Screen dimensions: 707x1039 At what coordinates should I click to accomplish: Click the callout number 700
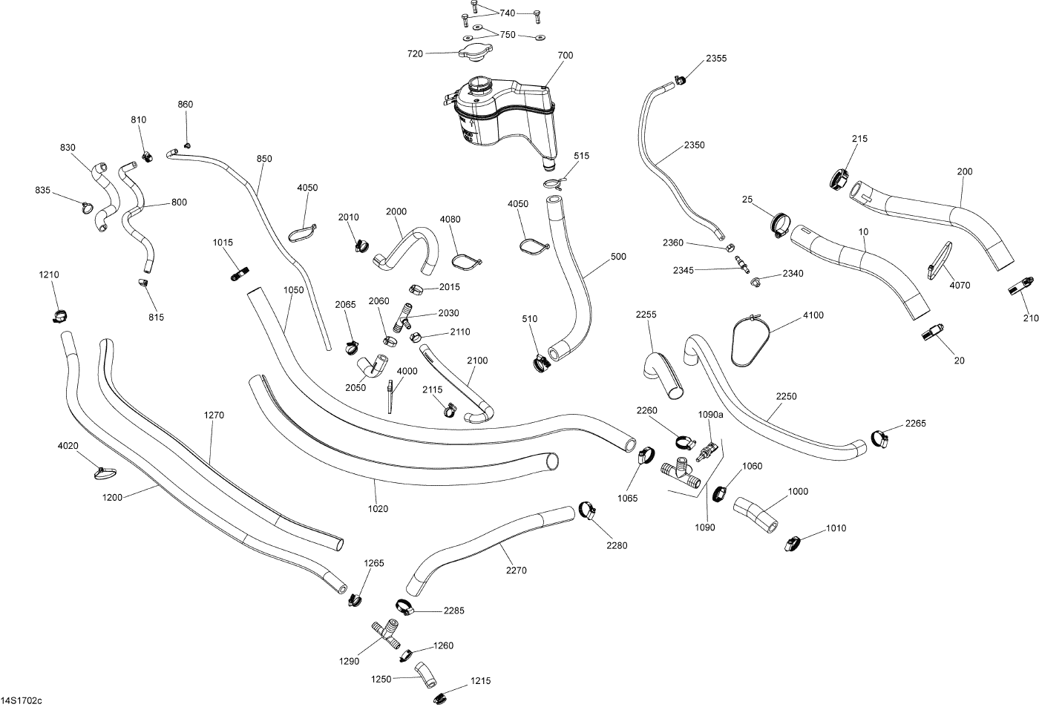point(566,56)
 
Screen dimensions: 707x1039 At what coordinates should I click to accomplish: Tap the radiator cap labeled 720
point(473,53)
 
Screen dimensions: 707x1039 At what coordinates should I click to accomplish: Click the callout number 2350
point(694,145)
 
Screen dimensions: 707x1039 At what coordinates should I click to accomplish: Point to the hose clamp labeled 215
point(839,178)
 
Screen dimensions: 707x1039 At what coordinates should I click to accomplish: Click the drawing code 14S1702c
point(22,700)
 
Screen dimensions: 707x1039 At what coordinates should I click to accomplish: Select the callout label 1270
point(214,415)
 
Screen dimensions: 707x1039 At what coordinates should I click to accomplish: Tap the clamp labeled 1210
point(58,315)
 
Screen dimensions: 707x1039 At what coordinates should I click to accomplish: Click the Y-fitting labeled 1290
point(384,632)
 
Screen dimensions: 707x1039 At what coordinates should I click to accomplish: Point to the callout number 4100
point(813,316)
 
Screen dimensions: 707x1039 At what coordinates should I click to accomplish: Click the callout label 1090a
point(709,415)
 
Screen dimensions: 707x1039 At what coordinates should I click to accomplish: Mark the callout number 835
point(43,191)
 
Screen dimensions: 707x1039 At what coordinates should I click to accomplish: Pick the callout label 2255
point(646,315)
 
